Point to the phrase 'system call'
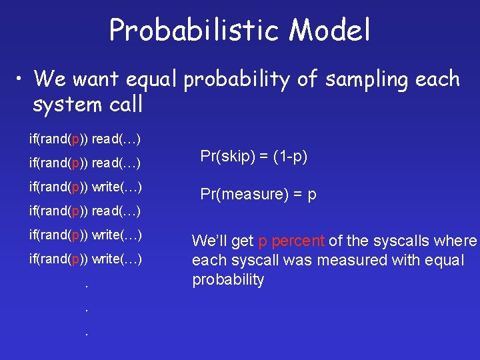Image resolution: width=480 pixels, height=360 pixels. pyautogui.click(x=87, y=105)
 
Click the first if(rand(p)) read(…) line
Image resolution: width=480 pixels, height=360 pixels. pyautogui.click(x=85, y=139)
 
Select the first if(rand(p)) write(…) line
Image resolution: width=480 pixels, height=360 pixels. pyautogui.click(x=85, y=187)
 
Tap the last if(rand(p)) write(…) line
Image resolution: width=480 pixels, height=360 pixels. pyautogui.click(x=85, y=259)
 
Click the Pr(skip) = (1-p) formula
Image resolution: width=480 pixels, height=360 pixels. pyautogui.click(x=254, y=157)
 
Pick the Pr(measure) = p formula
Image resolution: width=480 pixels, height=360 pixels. pyautogui.click(x=259, y=195)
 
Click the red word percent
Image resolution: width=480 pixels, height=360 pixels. pyautogui.click(x=298, y=241)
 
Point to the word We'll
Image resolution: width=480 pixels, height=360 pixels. pyautogui.click(x=209, y=241)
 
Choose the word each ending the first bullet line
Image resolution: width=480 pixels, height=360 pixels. pyautogui.click(x=437, y=79)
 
